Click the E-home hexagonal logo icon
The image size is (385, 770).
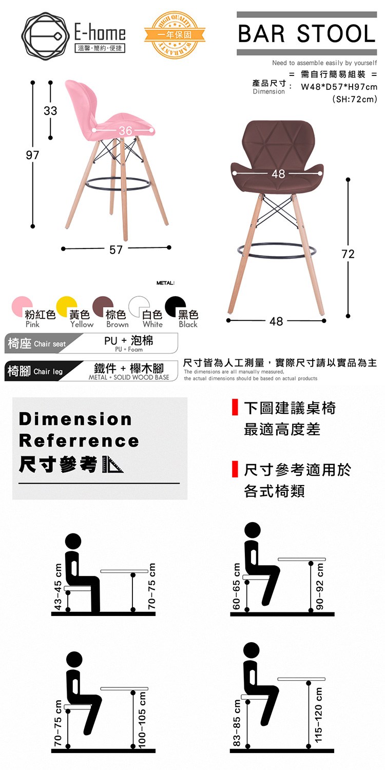(43, 36)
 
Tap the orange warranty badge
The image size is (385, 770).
(175, 34)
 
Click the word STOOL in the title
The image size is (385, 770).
(336, 34)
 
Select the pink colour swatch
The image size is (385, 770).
(22, 306)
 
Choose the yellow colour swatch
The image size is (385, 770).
(67, 306)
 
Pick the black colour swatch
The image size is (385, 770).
(176, 306)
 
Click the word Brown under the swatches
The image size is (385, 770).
(118, 324)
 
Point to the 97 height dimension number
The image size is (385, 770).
(32, 155)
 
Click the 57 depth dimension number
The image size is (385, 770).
(116, 249)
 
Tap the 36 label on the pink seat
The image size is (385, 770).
(125, 130)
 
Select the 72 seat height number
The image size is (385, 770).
(348, 254)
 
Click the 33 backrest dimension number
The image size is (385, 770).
(50, 111)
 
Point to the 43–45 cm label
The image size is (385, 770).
(59, 586)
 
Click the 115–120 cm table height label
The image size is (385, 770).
(318, 715)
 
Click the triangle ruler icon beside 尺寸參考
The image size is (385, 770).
(113, 465)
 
